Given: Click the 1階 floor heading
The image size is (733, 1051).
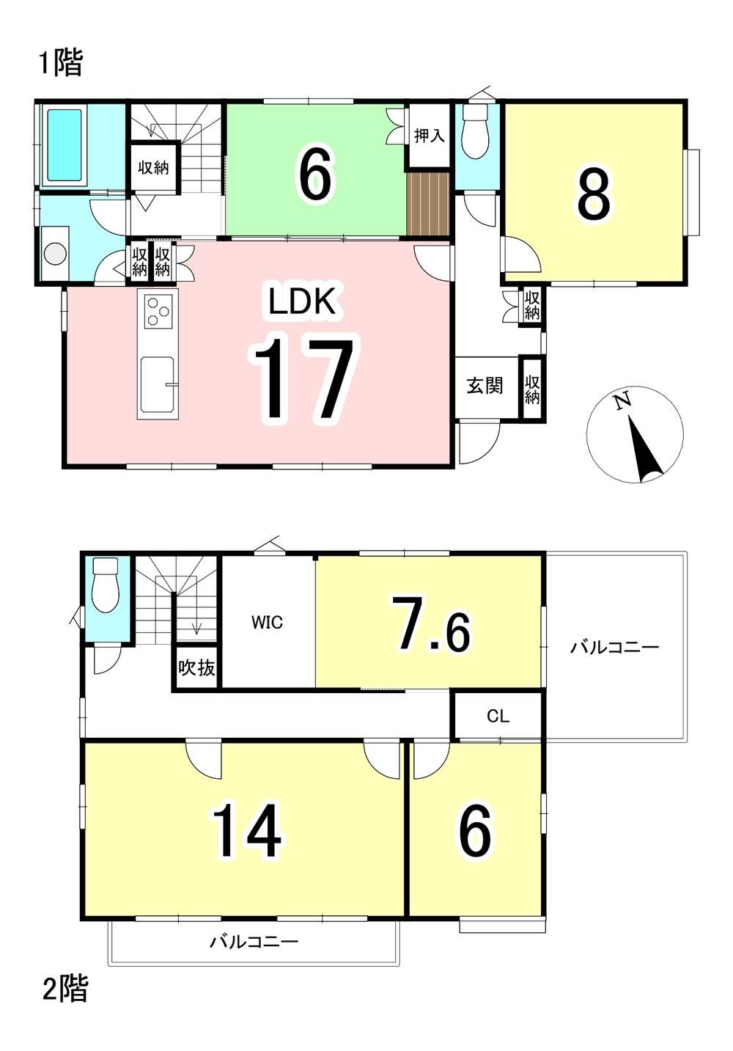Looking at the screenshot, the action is click(60, 63).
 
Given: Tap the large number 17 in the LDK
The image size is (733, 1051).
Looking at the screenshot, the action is click(304, 378).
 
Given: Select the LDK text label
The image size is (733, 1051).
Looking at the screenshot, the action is click(302, 301).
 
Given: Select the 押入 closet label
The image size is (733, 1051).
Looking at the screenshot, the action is click(429, 136).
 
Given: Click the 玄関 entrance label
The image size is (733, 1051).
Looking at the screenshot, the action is click(485, 386).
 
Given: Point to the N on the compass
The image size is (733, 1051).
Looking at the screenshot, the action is click(622, 400).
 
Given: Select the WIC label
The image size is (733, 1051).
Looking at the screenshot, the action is click(268, 623).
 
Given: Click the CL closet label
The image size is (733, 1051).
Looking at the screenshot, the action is click(498, 717).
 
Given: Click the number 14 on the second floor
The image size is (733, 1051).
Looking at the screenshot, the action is click(247, 831).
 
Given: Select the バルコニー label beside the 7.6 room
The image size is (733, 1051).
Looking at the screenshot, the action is click(614, 648).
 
